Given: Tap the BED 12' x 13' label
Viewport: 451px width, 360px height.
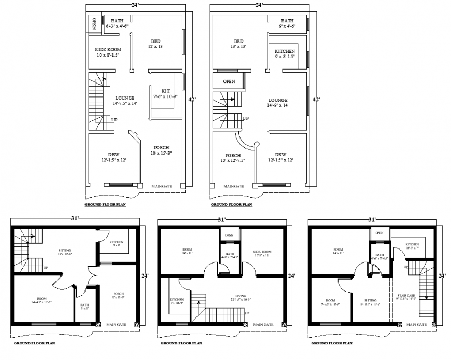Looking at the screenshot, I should point(156,44).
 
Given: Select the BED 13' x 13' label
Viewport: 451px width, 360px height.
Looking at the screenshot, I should point(238,44).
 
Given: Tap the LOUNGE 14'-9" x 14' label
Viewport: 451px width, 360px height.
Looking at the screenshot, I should point(278,102).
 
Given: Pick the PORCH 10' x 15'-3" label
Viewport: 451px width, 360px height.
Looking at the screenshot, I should point(161,150).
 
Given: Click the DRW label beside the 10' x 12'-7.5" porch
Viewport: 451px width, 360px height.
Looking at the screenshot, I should point(280,157).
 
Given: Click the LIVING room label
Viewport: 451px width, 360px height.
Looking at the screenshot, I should point(240,296).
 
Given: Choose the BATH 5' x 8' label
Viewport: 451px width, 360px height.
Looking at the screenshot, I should point(84,306).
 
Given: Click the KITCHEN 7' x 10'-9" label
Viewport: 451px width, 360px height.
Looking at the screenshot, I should point(177,302).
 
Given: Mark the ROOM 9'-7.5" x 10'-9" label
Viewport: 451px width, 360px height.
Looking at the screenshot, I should point(330,303).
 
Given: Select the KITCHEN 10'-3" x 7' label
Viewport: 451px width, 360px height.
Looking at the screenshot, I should point(412,246).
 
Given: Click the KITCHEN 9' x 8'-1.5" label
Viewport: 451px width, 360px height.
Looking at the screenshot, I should point(285,54).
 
